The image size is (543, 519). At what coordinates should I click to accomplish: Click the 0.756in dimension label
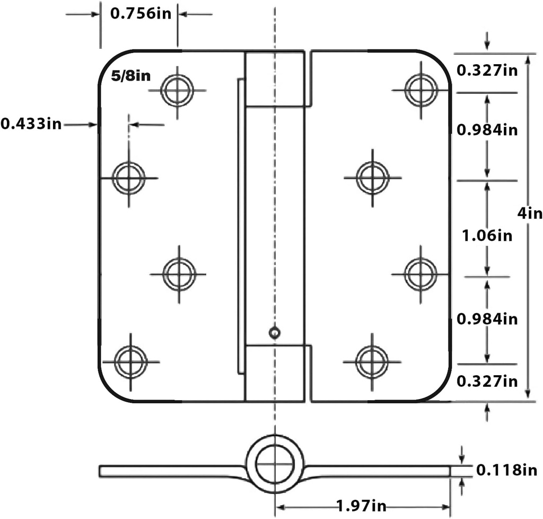coord(141,13)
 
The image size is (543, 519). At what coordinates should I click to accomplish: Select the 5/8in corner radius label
coord(130,76)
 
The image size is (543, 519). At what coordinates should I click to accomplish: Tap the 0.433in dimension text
coord(31,124)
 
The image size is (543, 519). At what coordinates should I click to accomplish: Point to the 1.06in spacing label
coord(486,235)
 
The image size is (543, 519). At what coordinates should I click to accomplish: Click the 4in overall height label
coord(530,213)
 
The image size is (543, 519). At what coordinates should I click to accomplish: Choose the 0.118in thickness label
coord(506,470)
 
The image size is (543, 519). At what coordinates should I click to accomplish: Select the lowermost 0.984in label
coord(486,319)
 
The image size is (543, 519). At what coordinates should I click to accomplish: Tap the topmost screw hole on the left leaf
coord(177,90)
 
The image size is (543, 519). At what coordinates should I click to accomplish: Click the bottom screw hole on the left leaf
coord(130,361)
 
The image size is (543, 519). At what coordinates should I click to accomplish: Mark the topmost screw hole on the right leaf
coord(421,90)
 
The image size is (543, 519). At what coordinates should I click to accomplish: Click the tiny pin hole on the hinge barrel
coord(274,333)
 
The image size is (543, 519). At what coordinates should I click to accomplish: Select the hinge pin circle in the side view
coord(274,463)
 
